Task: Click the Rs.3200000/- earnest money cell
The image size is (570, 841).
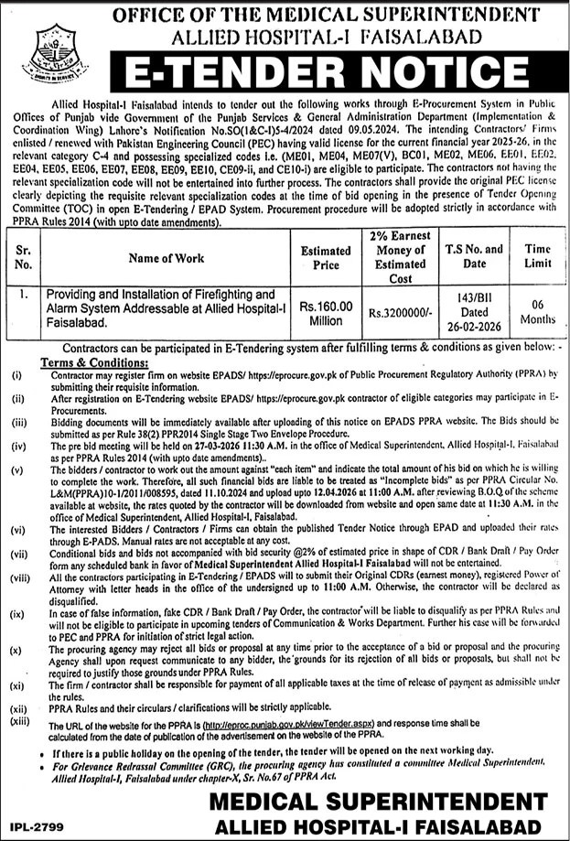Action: coord(401,311)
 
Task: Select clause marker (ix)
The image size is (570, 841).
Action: coord(17,609)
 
